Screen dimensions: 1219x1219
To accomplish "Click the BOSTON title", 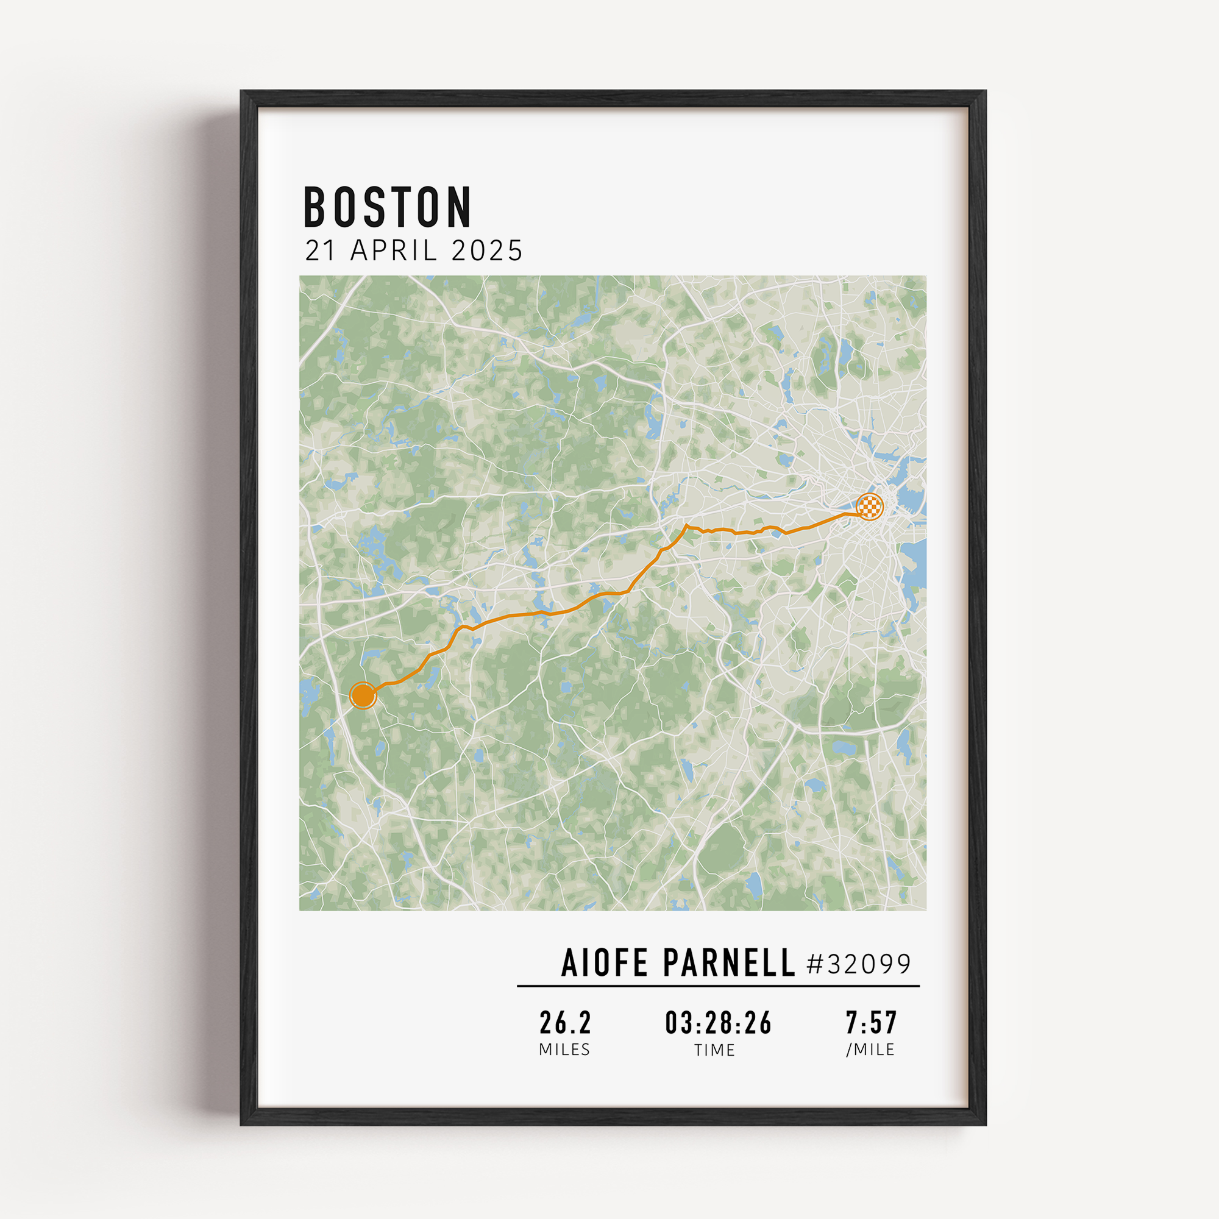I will click(388, 207).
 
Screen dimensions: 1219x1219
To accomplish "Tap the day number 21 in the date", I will click(320, 251).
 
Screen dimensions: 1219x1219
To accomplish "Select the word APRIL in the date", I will click(394, 251).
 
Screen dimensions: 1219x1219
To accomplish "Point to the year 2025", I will click(487, 251).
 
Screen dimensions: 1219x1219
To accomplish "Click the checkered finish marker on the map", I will click(870, 506).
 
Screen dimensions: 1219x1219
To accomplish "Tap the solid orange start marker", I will click(363, 695).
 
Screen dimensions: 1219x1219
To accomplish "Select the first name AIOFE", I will click(605, 963).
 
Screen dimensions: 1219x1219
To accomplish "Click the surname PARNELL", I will click(729, 963).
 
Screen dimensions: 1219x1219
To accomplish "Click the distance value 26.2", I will click(566, 1023).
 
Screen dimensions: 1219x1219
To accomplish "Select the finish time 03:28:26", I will click(718, 1023).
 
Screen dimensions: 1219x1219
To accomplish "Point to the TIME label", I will click(715, 1050).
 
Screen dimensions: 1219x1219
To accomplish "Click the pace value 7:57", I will click(872, 1023).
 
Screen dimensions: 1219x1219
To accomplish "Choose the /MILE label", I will click(871, 1050).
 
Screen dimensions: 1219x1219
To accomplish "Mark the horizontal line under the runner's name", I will click(718, 986).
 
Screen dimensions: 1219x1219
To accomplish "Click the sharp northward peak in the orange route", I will click(686, 525).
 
